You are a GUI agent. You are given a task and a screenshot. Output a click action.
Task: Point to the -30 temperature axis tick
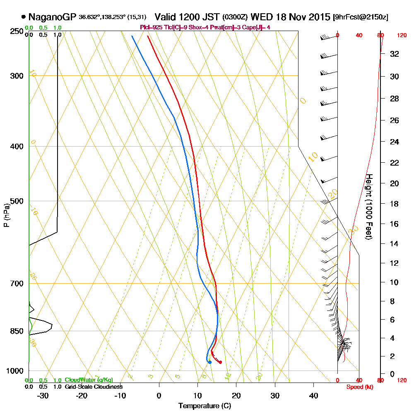click(43, 395)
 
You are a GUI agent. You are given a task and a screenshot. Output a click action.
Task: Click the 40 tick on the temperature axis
click(313, 395)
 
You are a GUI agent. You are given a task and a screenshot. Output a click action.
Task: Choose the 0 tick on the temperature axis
click(159, 395)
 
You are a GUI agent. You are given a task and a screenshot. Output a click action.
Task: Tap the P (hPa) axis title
click(6, 215)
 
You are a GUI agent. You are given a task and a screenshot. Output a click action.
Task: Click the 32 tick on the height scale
click(395, 54)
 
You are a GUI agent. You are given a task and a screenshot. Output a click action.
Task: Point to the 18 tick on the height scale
click(395, 204)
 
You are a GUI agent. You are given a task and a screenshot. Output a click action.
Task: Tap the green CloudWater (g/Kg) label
click(89, 380)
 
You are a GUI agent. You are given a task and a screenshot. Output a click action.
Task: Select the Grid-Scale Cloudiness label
click(94, 387)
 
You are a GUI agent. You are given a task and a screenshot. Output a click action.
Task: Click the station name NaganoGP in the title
click(52, 17)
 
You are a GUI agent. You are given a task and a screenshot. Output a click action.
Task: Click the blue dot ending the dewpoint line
click(210, 362)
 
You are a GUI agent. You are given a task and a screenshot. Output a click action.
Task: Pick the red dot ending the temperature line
click(220, 362)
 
